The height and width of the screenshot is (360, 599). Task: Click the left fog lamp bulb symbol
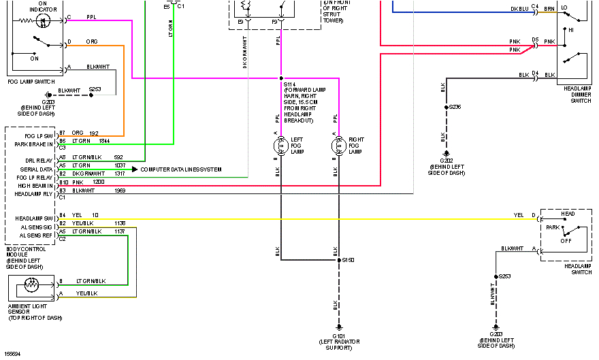(280, 146)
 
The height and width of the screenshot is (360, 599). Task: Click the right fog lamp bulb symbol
(338, 146)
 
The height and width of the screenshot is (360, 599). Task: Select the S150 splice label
(349, 260)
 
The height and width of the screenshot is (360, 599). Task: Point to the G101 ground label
(338, 335)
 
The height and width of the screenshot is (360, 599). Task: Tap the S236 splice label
(455, 107)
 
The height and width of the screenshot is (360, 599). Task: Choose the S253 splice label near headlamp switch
(504, 276)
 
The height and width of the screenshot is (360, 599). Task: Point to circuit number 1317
(120, 174)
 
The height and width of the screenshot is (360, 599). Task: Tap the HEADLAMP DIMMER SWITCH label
(578, 95)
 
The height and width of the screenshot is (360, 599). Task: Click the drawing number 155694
(12, 354)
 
